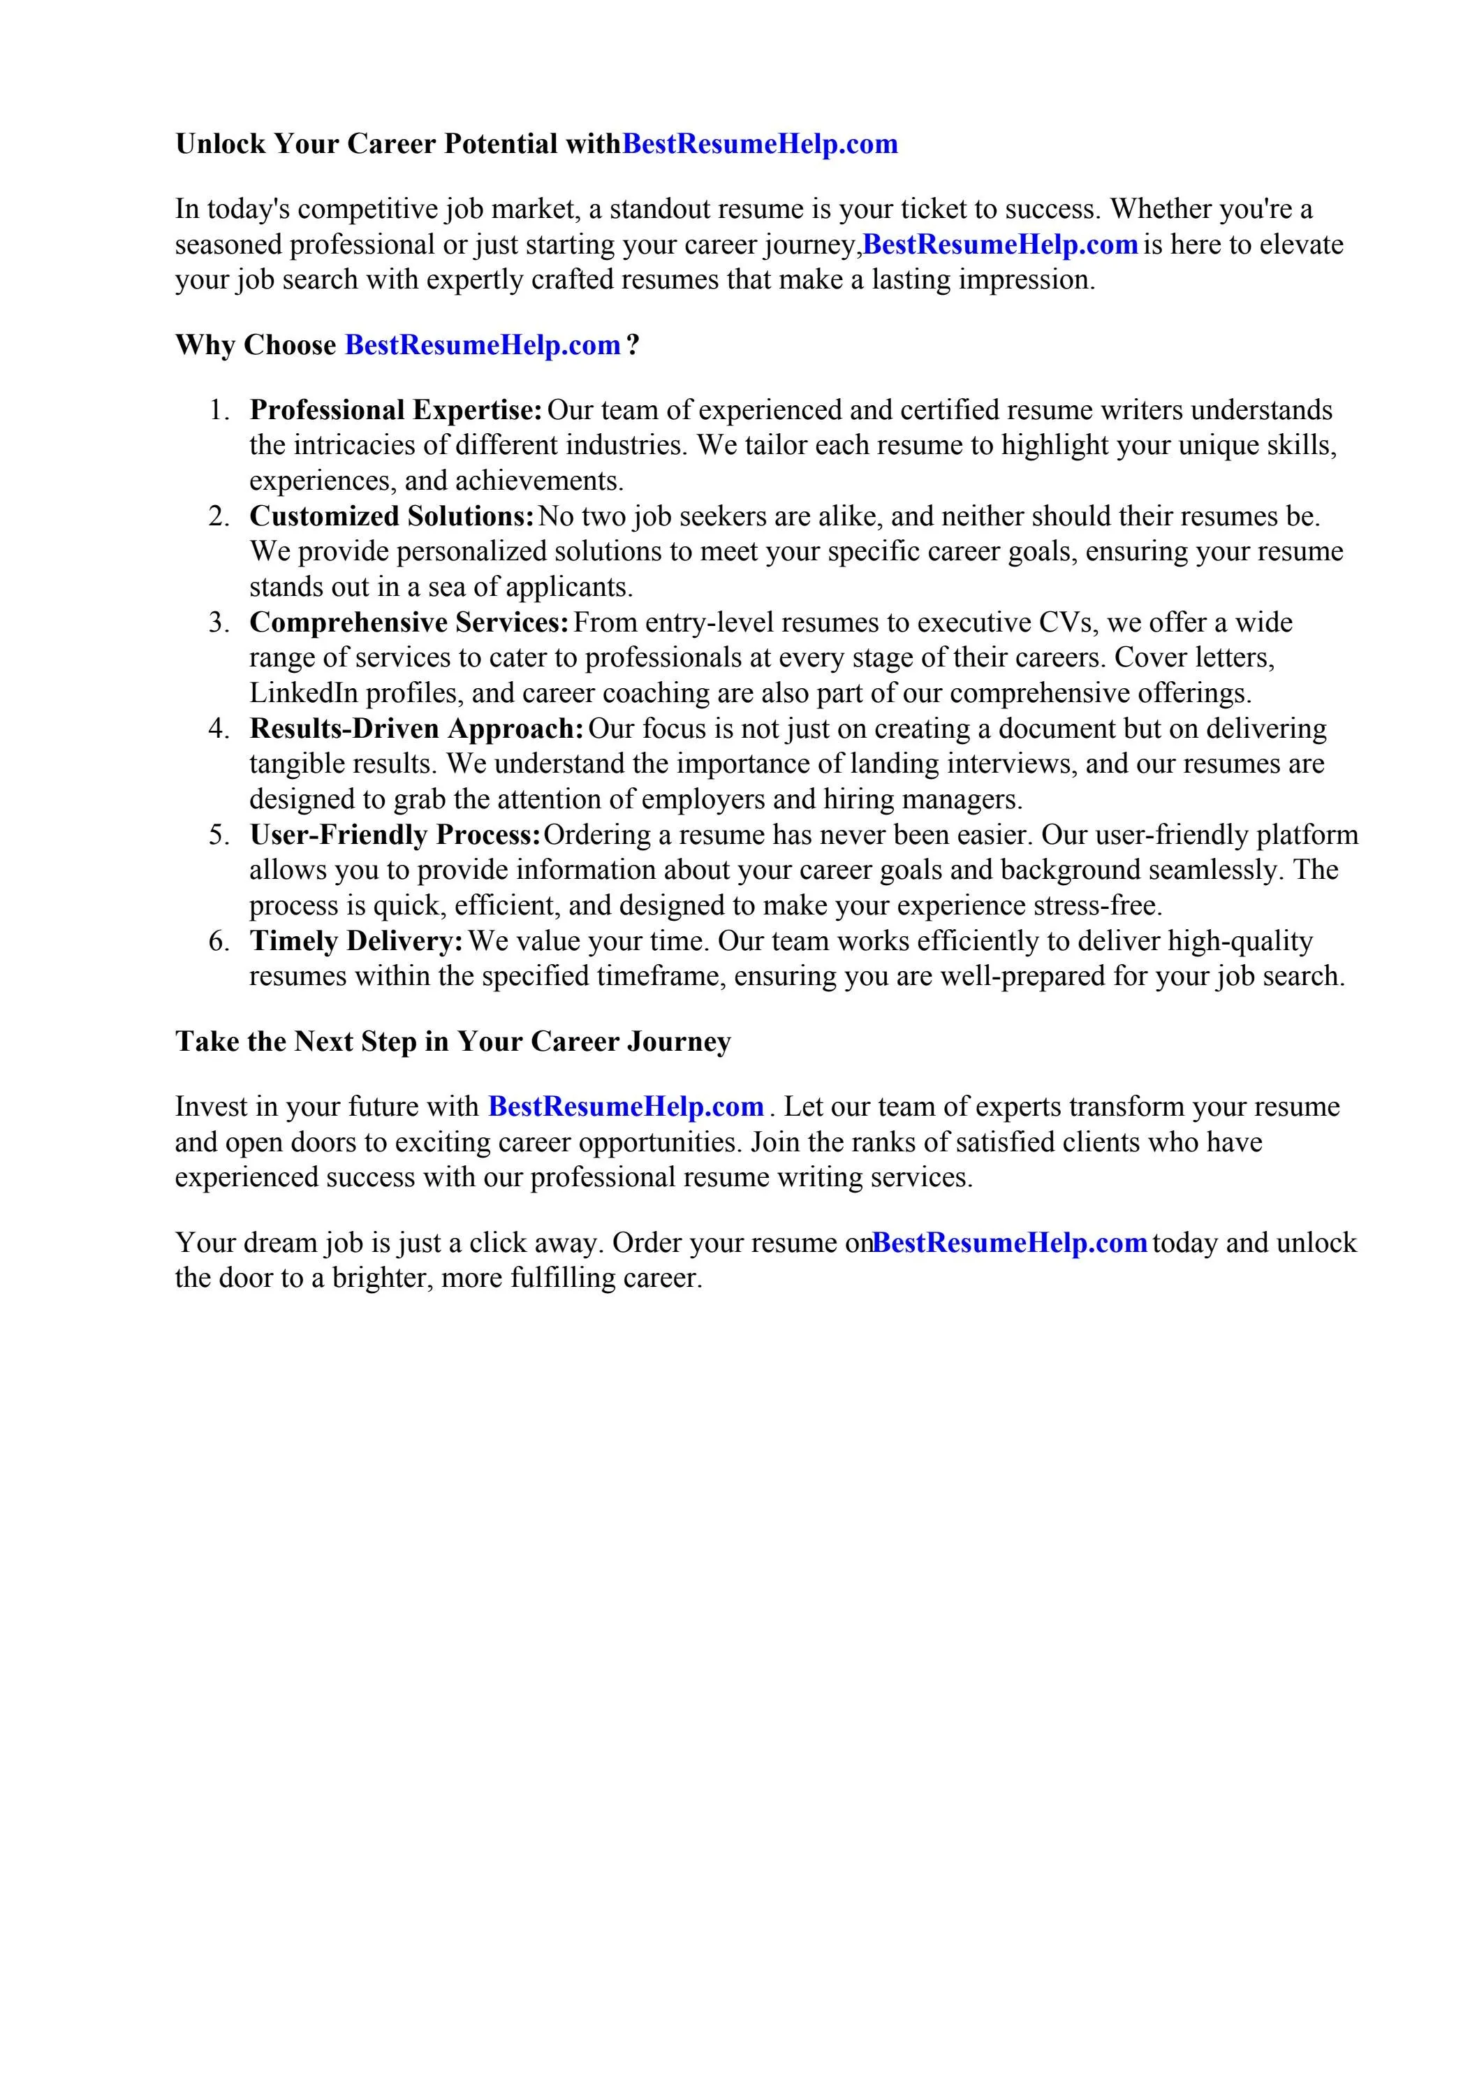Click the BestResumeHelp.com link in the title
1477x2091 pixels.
[x=759, y=144]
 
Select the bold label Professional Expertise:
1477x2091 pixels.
[x=396, y=410]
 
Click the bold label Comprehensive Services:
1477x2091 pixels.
[x=409, y=623]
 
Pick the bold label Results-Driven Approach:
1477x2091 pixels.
[x=416, y=729]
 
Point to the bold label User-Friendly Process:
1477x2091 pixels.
[x=395, y=835]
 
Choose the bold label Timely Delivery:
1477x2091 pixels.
[x=356, y=941]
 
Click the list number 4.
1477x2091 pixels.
[x=219, y=729]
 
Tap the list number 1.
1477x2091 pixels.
[x=219, y=410]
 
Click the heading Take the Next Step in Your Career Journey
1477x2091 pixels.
[x=453, y=1041]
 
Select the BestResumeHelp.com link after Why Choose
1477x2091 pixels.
[x=483, y=345]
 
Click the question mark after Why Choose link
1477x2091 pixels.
[x=634, y=345]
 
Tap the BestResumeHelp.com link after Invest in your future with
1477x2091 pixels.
[x=626, y=1107]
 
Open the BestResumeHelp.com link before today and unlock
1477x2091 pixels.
[x=1009, y=1243]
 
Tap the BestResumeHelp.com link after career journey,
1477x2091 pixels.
[x=1000, y=245]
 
